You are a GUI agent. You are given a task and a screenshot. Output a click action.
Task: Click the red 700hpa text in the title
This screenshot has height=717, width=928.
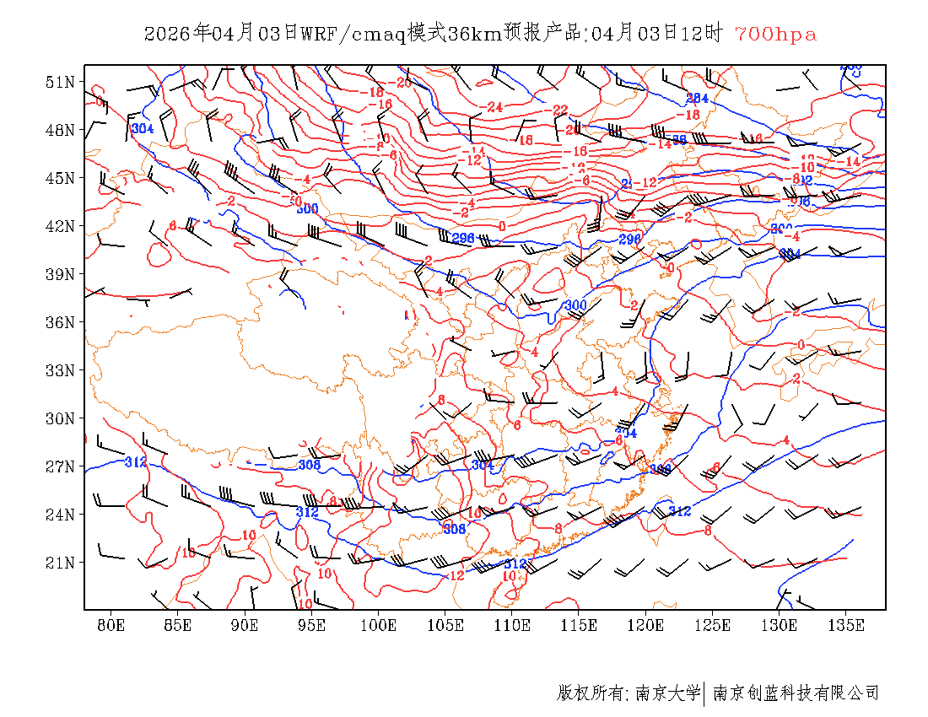point(775,35)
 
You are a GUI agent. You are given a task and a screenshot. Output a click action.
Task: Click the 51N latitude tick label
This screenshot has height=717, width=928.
point(61,82)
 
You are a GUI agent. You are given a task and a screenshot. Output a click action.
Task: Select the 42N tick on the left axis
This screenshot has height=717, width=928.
point(61,226)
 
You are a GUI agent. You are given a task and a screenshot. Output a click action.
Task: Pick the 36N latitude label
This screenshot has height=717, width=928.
point(61,322)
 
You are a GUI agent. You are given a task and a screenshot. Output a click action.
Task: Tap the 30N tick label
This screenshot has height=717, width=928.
point(61,418)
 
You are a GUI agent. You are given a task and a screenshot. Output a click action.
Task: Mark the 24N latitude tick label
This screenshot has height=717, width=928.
point(61,515)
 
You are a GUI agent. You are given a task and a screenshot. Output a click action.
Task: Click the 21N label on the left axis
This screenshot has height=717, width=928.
point(61,563)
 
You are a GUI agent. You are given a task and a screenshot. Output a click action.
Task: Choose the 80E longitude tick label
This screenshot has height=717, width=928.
point(111,625)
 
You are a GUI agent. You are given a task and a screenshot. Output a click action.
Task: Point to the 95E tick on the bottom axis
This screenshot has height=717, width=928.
point(312,625)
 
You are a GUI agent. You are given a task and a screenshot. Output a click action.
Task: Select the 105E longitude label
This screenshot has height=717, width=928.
point(445,625)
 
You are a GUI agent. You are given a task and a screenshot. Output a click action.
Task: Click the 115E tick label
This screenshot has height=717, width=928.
point(580,625)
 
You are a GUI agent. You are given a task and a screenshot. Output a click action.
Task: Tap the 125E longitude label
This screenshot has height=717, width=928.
point(713,625)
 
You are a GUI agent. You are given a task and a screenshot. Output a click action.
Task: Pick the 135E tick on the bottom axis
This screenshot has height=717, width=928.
point(847,625)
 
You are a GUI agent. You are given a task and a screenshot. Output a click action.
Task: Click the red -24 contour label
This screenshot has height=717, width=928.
point(494,107)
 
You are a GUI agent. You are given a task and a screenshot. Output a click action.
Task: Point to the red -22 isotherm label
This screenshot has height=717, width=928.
point(558,111)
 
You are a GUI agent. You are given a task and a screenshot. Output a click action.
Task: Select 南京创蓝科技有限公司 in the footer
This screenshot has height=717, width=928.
point(796,693)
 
